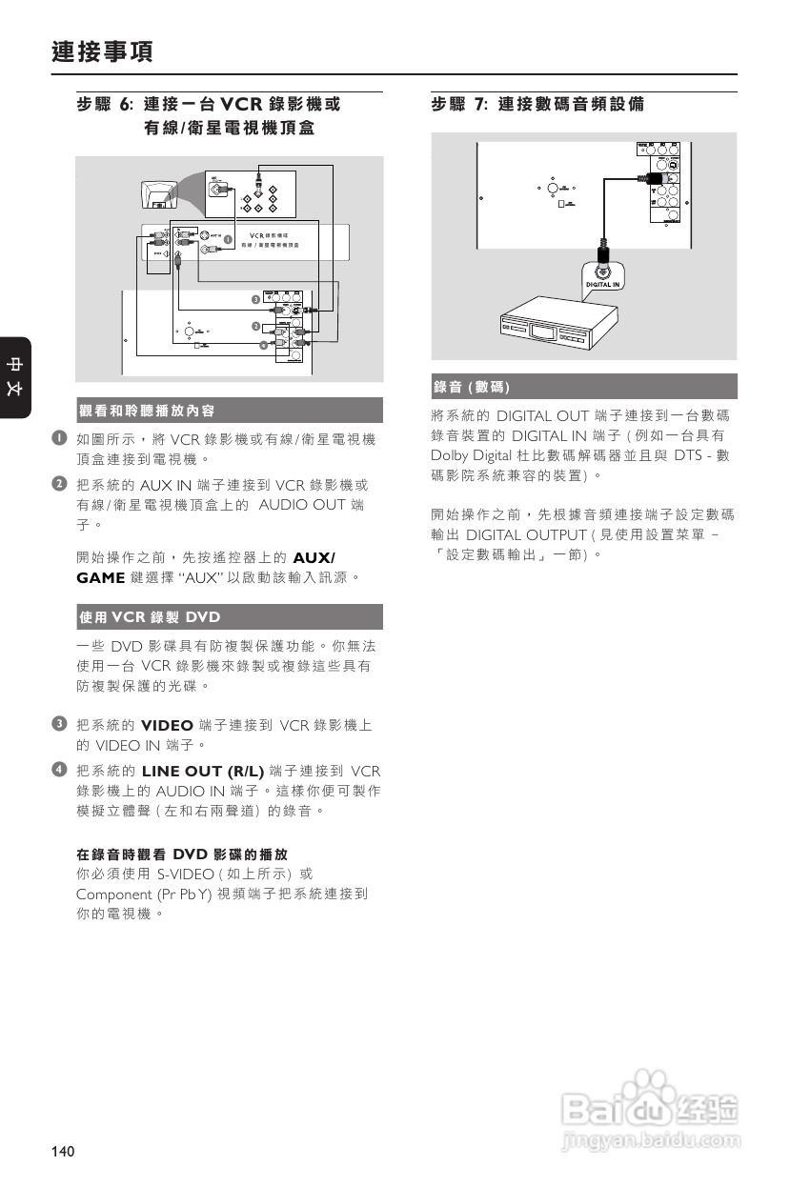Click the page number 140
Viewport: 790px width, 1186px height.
point(63,1152)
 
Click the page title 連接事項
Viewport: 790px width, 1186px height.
point(102,51)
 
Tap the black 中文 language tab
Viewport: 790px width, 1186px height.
point(15,376)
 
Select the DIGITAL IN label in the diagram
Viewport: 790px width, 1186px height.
point(602,284)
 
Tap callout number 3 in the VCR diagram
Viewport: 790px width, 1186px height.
point(255,300)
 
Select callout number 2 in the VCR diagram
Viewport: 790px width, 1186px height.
point(255,327)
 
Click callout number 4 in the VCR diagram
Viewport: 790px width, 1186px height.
point(264,344)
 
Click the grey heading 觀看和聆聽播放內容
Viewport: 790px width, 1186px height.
point(147,411)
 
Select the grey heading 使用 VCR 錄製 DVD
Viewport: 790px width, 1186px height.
point(150,617)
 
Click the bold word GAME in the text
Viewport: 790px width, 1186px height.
point(100,577)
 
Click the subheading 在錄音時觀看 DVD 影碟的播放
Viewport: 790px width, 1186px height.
point(181,854)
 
